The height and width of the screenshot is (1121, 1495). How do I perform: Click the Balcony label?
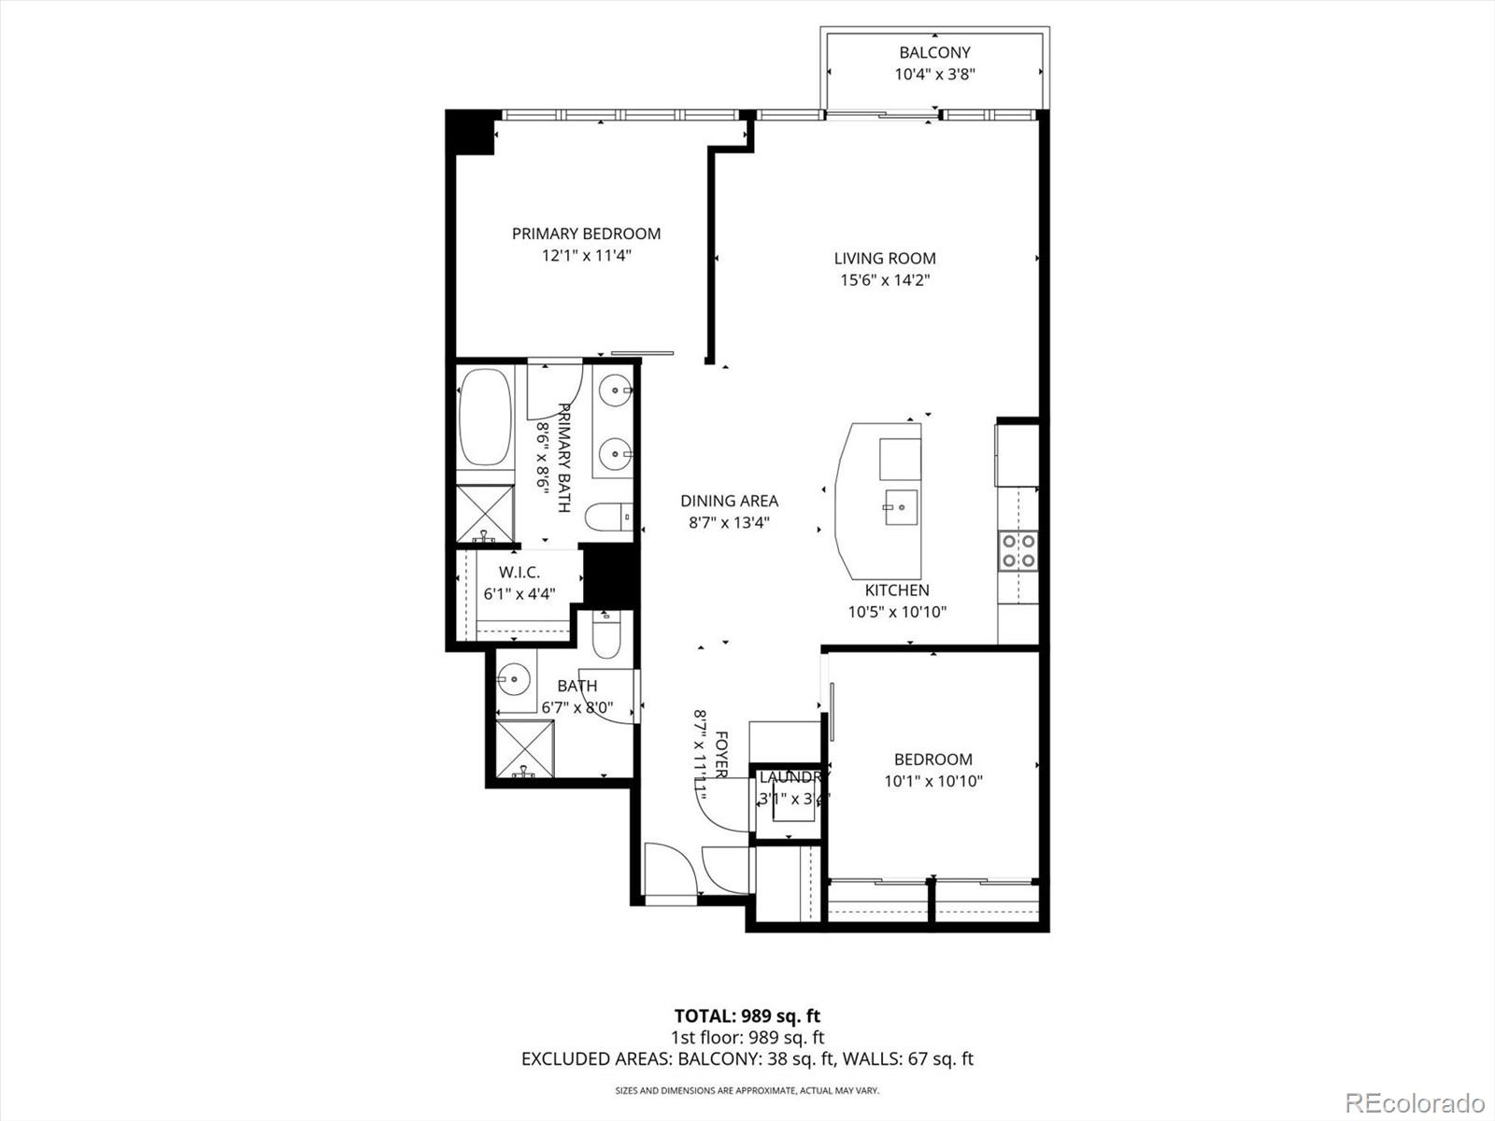[x=934, y=52]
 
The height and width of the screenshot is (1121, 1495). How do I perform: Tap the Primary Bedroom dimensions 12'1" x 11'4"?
[x=587, y=256]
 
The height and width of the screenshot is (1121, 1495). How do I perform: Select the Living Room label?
[x=884, y=258]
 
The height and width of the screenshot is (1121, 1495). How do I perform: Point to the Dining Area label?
[x=729, y=501]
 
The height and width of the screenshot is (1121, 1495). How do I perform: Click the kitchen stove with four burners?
[x=1018, y=550]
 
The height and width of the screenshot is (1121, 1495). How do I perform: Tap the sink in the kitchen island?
[x=901, y=508]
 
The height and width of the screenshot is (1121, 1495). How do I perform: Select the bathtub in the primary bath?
[x=485, y=418]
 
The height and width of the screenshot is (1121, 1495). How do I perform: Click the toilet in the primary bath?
[x=607, y=516]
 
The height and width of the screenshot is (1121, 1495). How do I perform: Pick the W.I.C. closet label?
[x=519, y=572]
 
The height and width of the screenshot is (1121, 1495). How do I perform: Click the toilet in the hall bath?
[x=606, y=635]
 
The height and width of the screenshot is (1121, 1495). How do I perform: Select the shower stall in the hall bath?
[x=525, y=747]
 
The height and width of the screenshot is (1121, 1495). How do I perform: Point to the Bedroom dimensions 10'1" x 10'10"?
[x=933, y=782]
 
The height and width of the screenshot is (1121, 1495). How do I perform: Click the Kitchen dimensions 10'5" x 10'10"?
[x=896, y=613]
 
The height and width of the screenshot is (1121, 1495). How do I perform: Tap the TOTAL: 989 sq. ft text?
[x=747, y=1015]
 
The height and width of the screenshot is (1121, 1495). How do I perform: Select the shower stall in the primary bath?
[x=485, y=513]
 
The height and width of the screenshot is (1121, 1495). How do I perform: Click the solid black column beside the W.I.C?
[x=608, y=577]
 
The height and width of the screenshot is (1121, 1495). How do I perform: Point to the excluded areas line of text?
[x=747, y=1058]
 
